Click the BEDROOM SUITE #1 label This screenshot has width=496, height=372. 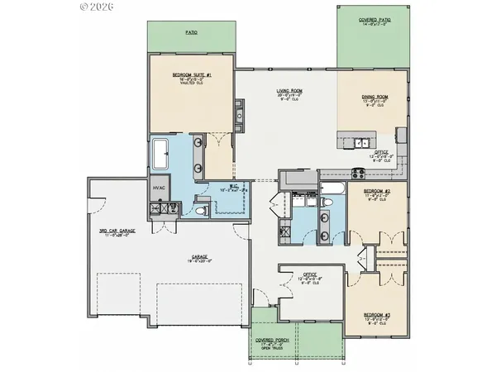tap(193, 75)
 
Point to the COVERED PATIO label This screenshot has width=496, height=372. tap(374, 20)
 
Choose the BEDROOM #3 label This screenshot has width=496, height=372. tap(376, 313)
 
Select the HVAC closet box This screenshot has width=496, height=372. tap(159, 189)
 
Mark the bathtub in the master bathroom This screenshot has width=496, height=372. tap(160, 155)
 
